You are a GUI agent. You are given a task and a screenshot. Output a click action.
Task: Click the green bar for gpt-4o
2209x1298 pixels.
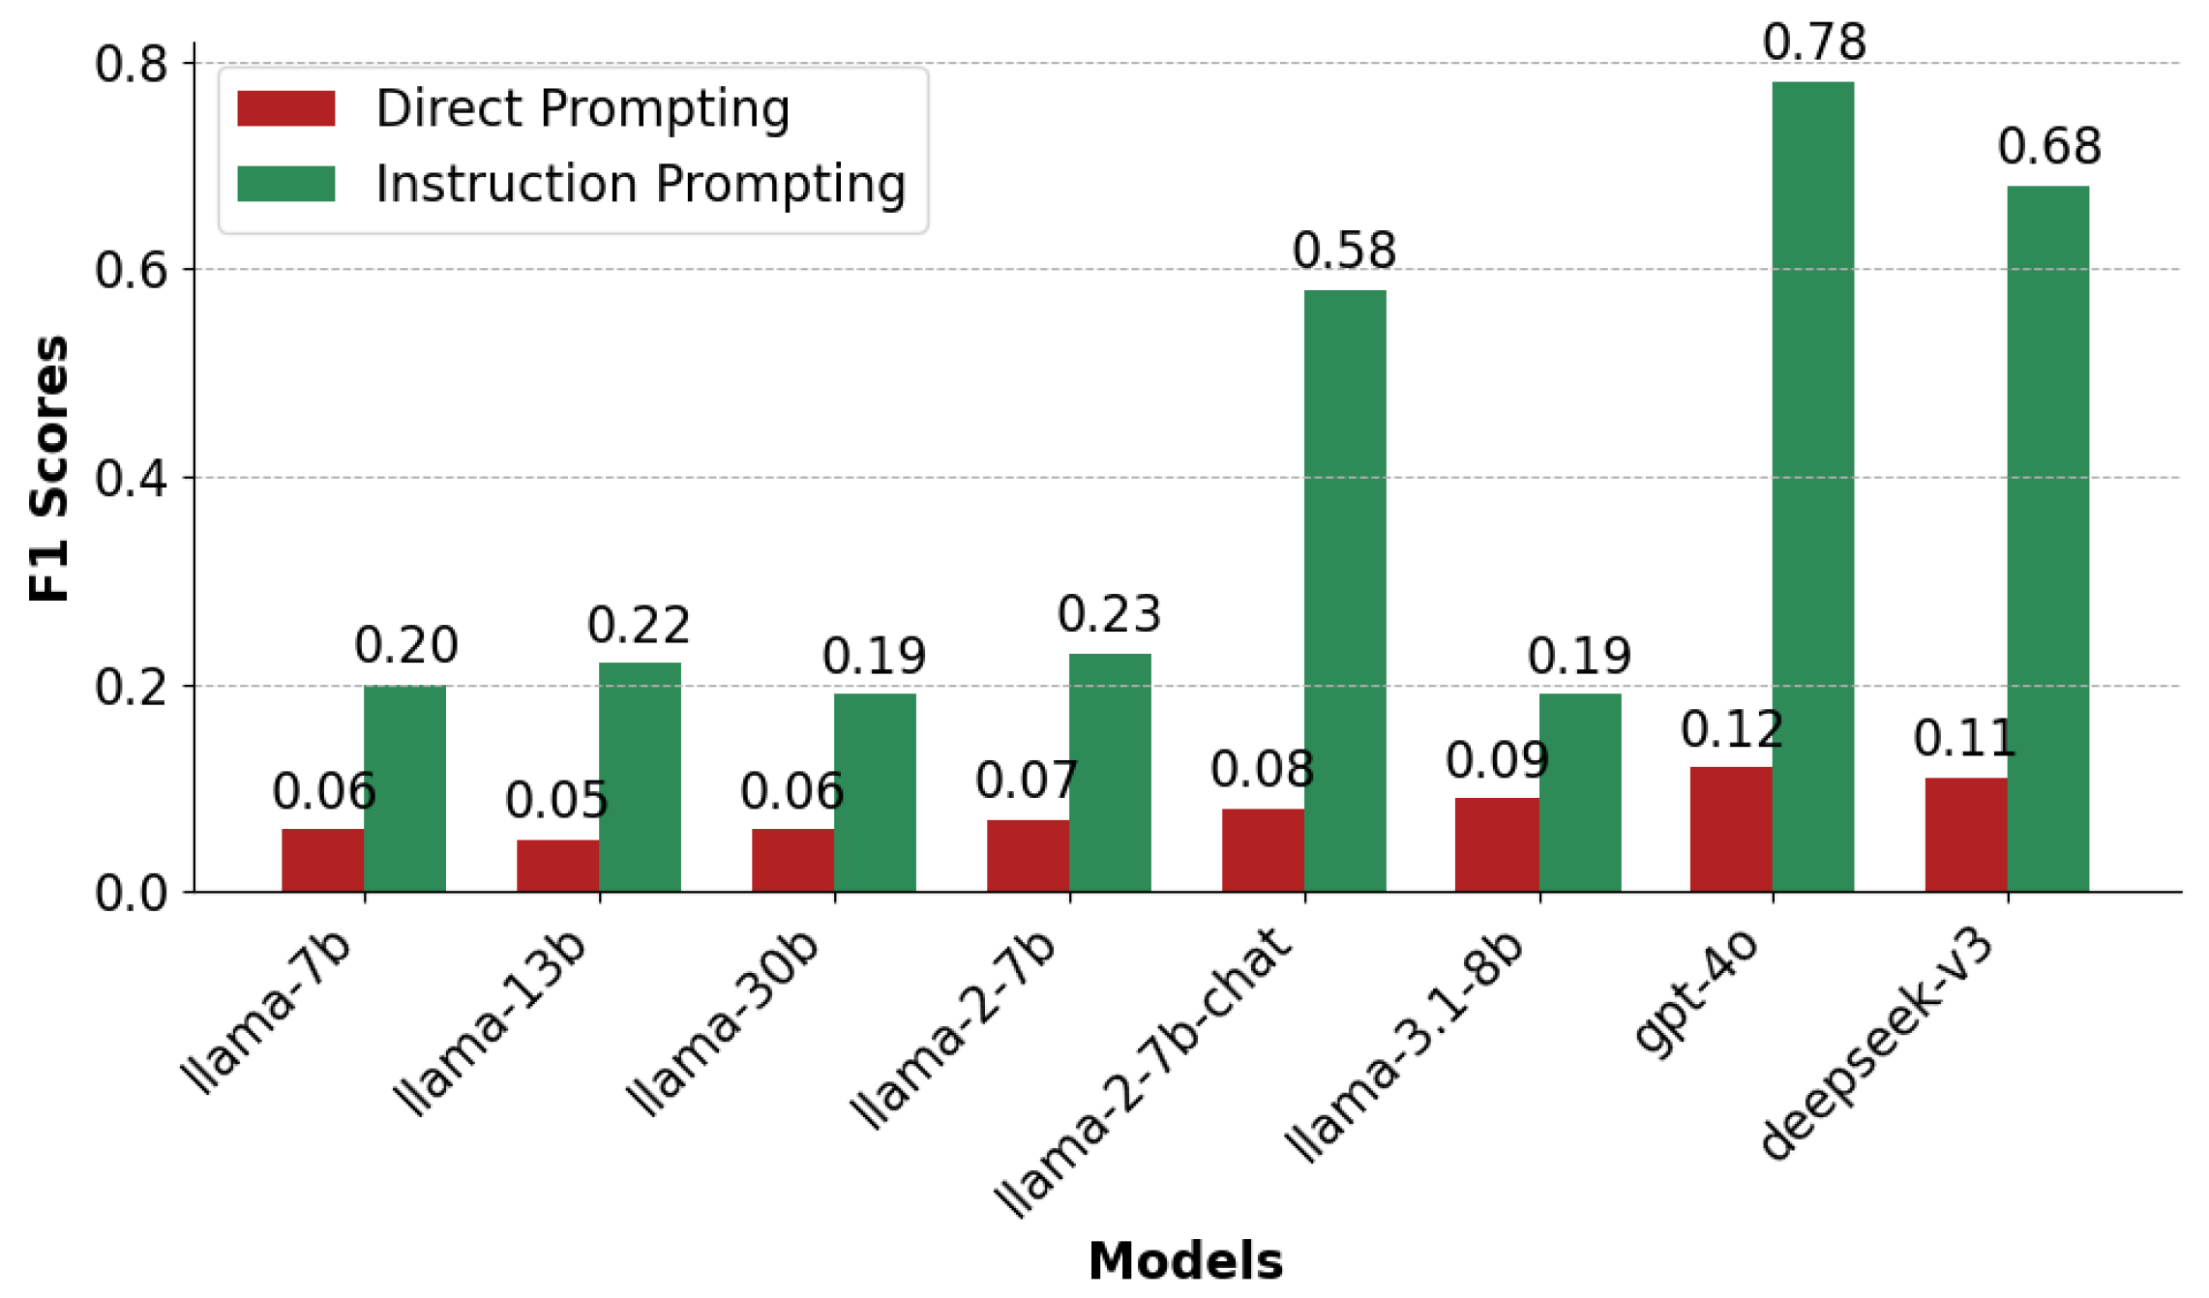click(1812, 487)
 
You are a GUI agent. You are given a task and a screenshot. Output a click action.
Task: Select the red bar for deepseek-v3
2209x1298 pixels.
click(1966, 835)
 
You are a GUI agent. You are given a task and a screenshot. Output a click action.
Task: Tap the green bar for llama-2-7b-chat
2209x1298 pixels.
click(1345, 591)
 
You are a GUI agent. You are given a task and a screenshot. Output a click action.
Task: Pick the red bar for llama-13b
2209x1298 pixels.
click(557, 866)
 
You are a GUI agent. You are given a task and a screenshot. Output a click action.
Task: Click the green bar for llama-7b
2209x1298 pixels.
click(404, 788)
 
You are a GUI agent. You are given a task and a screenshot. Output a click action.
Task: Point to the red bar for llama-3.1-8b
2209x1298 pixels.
click(1497, 844)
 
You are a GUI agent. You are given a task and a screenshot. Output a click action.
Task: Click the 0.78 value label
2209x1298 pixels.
click(1813, 43)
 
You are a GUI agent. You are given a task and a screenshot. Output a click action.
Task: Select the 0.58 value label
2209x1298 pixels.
click(1344, 251)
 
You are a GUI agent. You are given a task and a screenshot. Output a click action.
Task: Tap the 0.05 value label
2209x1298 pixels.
click(556, 800)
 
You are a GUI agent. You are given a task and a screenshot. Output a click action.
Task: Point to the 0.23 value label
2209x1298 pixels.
click(1109, 614)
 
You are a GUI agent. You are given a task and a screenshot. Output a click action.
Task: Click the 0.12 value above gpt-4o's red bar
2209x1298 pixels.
click(1731, 728)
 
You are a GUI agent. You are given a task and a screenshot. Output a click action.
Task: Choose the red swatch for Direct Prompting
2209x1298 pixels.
click(286, 108)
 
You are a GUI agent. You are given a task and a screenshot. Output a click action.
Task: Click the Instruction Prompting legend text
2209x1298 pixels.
click(641, 184)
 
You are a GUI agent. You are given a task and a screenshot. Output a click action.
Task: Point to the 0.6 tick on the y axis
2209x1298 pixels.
click(131, 270)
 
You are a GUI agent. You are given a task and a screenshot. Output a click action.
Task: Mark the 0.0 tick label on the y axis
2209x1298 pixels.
click(131, 893)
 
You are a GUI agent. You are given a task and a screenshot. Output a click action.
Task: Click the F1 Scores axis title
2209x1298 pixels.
click(48, 469)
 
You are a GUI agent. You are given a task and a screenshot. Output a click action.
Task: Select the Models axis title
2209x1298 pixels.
click(1185, 1261)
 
